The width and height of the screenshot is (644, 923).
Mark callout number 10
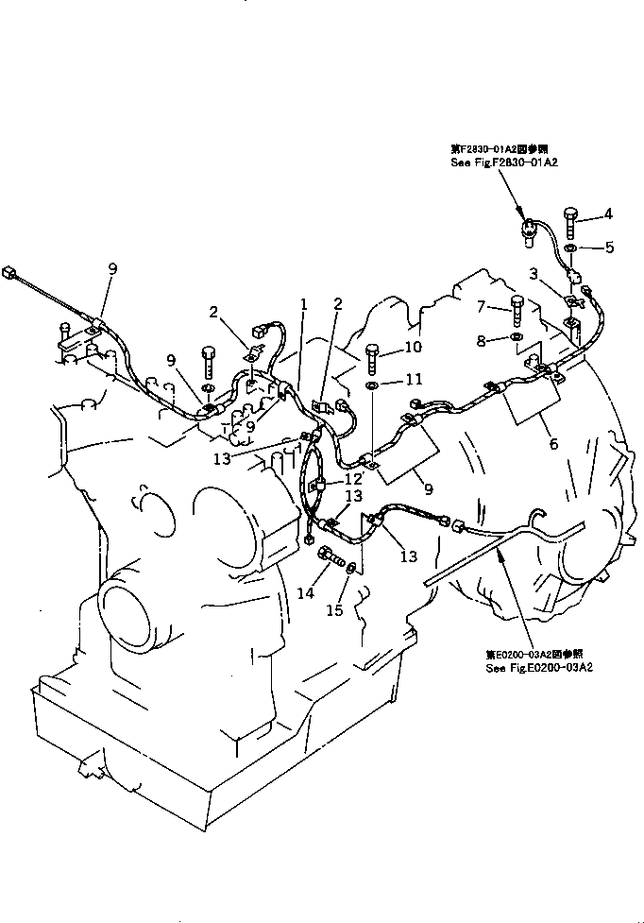tap(412, 348)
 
